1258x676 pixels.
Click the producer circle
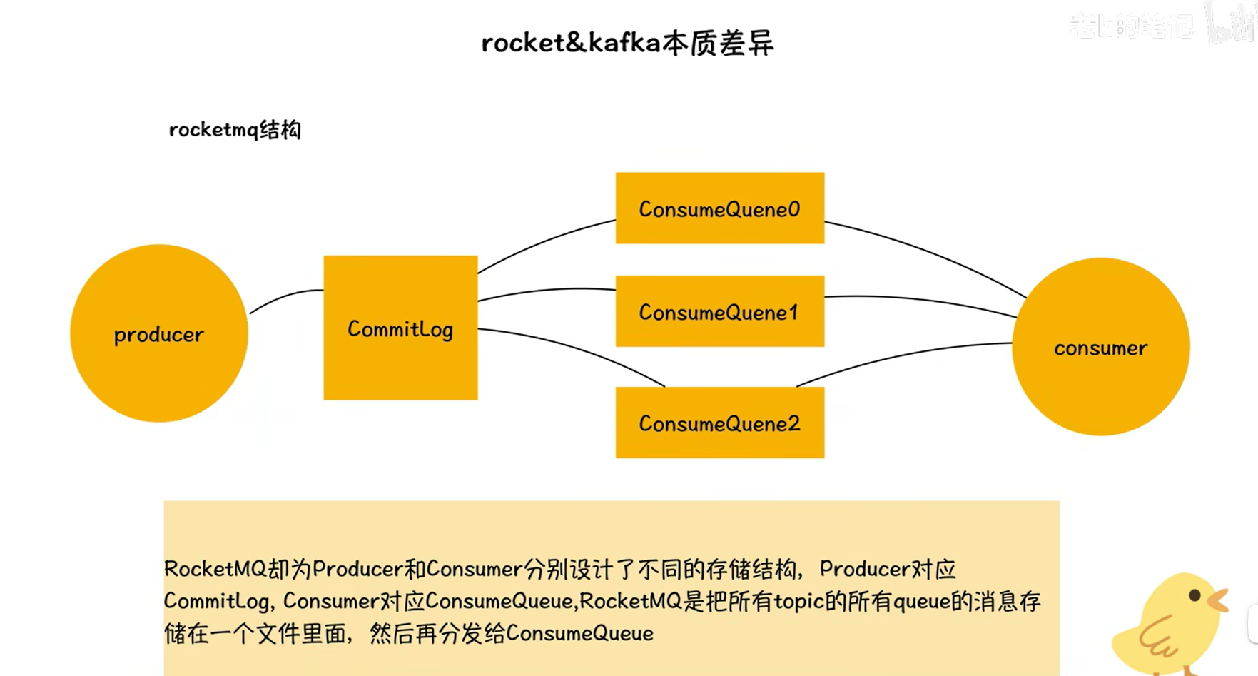pos(158,333)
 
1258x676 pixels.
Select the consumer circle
pos(1100,347)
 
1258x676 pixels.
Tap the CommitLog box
pos(400,328)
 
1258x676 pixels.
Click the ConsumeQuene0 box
pos(719,208)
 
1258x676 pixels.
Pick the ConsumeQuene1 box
pos(719,312)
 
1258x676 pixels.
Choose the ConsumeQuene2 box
pos(719,423)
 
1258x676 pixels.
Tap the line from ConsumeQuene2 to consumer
pos(899,356)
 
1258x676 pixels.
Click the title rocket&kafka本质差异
pos(627,43)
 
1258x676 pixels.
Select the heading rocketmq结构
pos(235,130)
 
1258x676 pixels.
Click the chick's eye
pos(1194,595)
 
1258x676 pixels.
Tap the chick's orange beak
pos(1219,600)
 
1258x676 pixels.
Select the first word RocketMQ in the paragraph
pos(215,569)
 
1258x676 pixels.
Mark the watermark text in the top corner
pos(1131,26)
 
